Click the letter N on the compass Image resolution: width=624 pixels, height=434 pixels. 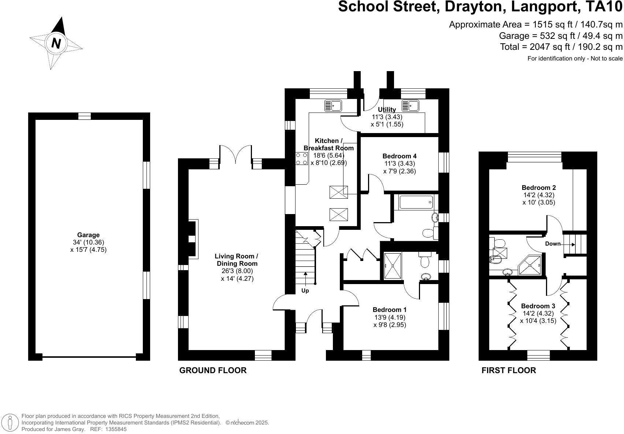(x=56, y=43)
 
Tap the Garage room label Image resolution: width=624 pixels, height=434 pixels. (x=88, y=235)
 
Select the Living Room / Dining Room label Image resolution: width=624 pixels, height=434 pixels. (x=237, y=260)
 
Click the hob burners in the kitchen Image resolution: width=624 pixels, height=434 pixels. (x=301, y=159)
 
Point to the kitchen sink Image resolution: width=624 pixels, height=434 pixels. (x=333, y=106)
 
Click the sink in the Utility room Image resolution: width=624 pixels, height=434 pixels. (x=410, y=106)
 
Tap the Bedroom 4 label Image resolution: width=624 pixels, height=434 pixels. (x=400, y=156)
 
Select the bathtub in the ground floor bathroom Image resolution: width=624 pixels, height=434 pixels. (x=416, y=202)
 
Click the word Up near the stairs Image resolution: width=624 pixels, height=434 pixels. (x=305, y=291)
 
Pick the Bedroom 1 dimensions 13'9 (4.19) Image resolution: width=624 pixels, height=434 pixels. (x=390, y=317)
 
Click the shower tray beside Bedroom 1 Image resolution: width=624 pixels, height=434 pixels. (x=393, y=266)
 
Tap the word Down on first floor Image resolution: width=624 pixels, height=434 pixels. (x=553, y=244)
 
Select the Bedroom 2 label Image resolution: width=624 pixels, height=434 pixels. (x=539, y=188)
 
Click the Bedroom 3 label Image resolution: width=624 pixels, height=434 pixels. (x=538, y=306)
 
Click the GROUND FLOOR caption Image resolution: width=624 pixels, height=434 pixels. (x=213, y=370)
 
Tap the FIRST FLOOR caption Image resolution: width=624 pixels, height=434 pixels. (x=509, y=370)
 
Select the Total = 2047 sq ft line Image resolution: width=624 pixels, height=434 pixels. (x=561, y=47)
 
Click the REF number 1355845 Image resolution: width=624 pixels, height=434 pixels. (x=116, y=429)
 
